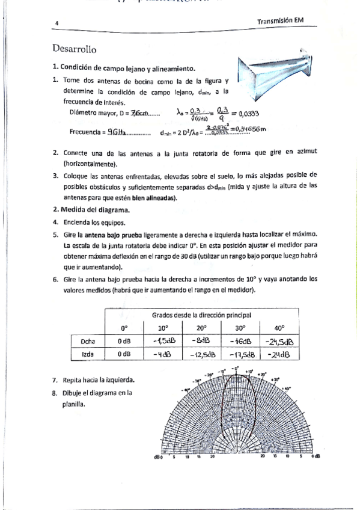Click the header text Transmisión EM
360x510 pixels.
(280, 20)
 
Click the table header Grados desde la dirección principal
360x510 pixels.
(201, 315)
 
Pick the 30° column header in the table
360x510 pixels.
(240, 328)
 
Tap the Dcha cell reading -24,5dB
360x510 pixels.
(280, 342)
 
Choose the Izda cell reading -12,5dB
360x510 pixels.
(201, 355)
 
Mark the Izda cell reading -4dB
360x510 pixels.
(162, 354)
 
